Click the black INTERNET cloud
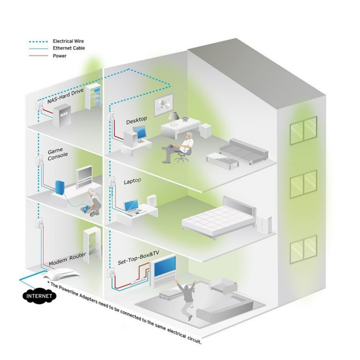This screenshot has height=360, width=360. tap(39, 296)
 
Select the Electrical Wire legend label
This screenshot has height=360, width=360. tap(68, 41)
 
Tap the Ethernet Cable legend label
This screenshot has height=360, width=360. tap(69, 48)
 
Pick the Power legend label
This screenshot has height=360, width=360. tap(59, 56)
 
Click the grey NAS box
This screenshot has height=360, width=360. tap(62, 116)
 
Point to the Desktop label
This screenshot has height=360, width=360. tap(136, 120)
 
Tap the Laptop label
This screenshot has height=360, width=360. tap(132, 181)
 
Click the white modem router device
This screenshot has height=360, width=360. tap(62, 274)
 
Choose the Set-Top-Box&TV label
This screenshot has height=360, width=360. tap(139, 257)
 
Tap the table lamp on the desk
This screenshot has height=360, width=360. tap(174, 118)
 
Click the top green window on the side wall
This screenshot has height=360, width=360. tap(303, 130)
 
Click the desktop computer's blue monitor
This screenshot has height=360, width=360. tap(139, 132)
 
